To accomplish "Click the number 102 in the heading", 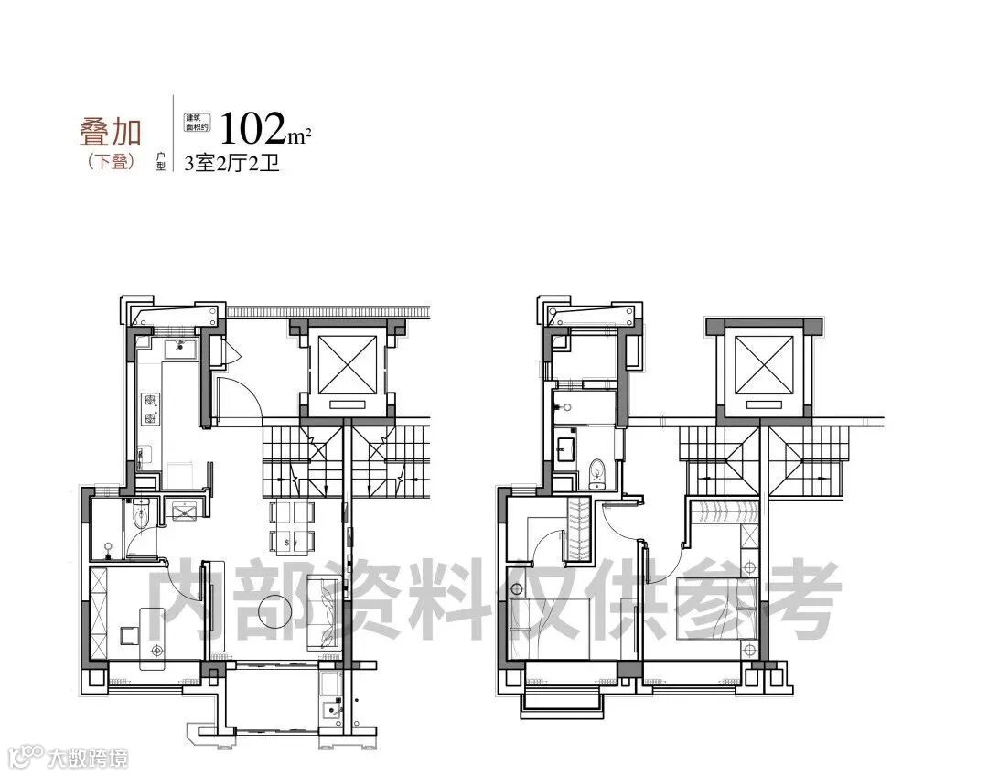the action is pos(253,130).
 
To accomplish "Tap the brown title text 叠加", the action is pos(110,133).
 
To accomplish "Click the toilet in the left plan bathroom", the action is pos(139,519).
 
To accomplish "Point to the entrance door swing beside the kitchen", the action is pos(235,401).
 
